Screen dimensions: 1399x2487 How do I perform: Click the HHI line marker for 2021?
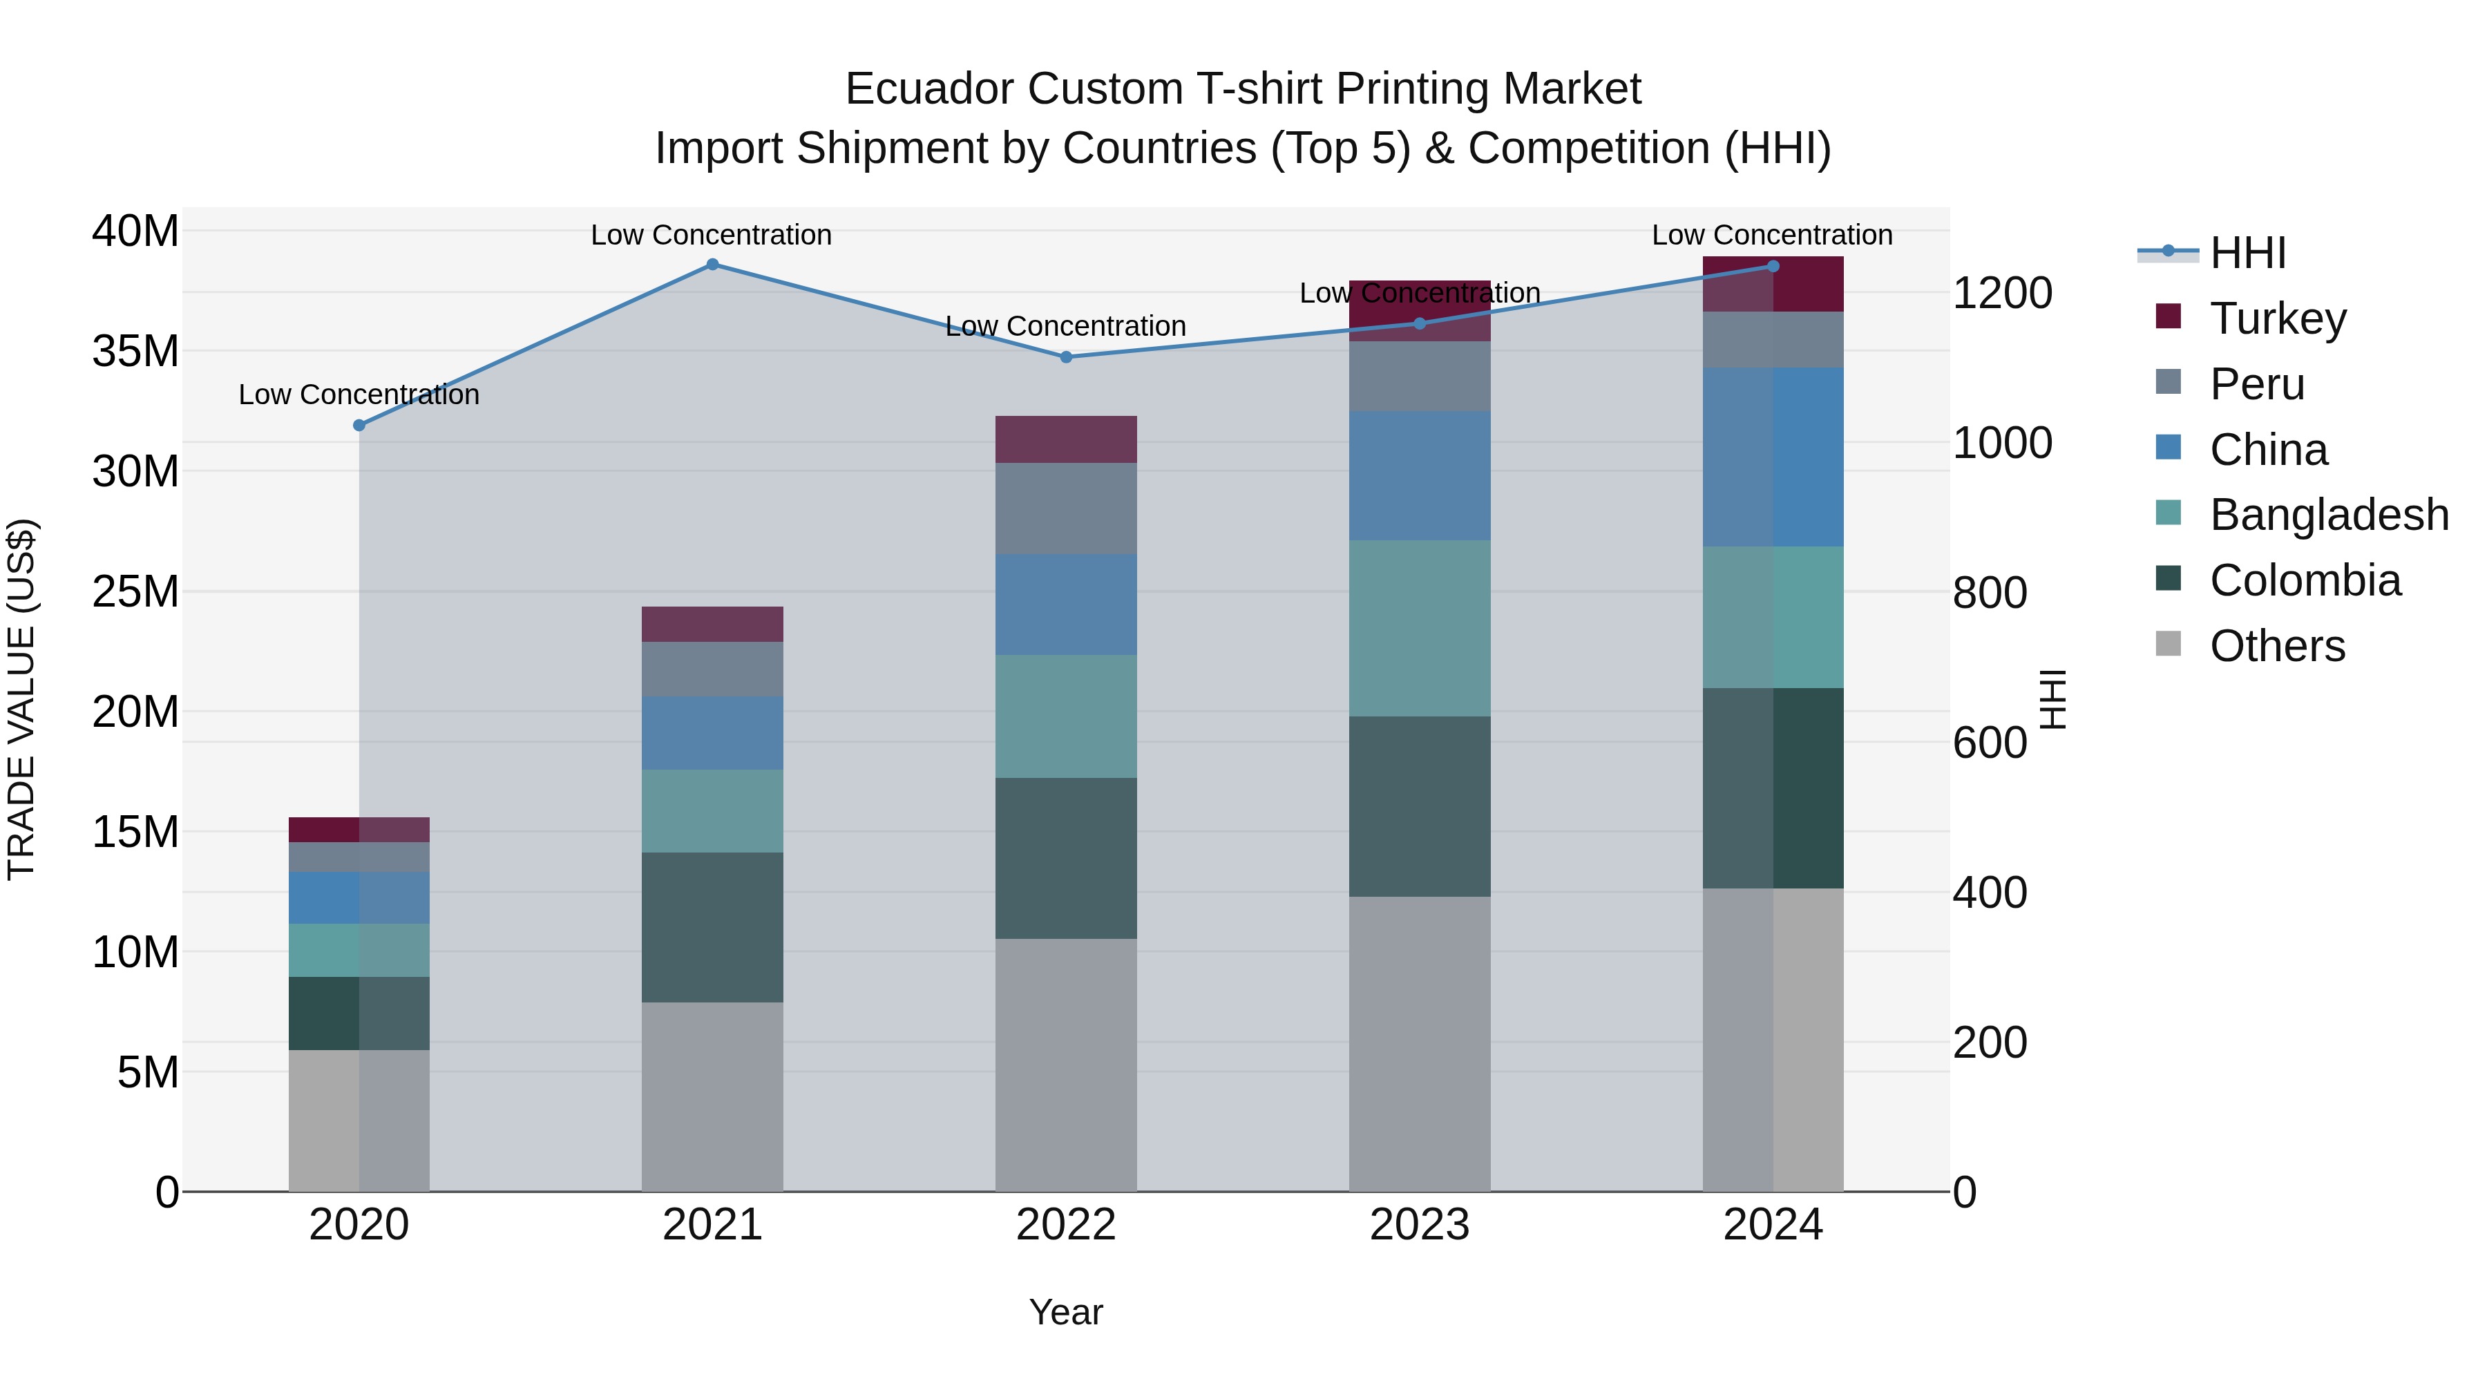click(x=712, y=265)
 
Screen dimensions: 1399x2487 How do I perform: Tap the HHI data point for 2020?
click(x=359, y=425)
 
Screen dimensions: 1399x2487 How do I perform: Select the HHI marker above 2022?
click(x=1066, y=357)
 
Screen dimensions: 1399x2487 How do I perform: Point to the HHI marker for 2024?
click(x=1773, y=267)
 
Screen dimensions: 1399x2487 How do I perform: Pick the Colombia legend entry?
click(x=2305, y=580)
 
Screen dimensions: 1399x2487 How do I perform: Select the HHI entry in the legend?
click(x=2247, y=253)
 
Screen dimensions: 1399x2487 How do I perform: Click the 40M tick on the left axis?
click(x=135, y=231)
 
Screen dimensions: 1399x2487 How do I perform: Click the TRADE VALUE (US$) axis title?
click(x=22, y=699)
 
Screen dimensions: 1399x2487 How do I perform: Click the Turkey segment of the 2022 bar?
click(x=1066, y=439)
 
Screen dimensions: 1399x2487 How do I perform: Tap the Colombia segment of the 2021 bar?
click(x=712, y=927)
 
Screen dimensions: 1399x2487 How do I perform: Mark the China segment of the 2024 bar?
click(x=1773, y=457)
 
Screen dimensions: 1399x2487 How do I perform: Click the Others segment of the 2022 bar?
click(x=1066, y=1065)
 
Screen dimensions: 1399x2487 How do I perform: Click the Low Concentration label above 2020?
click(x=359, y=395)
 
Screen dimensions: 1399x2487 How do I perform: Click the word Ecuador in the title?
click(x=928, y=90)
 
